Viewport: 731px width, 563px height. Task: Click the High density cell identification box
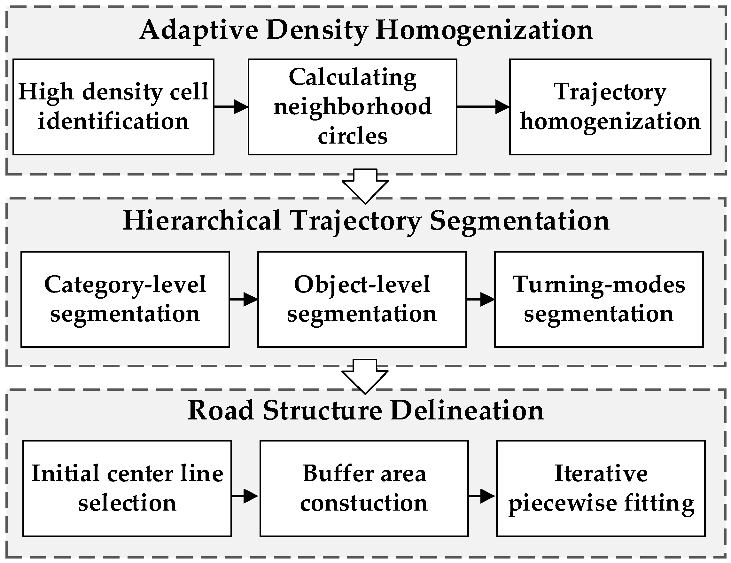pos(113,107)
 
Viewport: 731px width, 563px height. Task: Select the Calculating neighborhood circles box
pos(352,107)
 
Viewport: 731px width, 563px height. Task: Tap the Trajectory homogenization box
pos(610,107)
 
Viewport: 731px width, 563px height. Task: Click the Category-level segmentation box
pos(125,299)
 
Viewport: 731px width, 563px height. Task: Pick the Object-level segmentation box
pos(362,299)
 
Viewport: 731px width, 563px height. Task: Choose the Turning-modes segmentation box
pos(598,299)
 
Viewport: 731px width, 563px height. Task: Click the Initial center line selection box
pos(127,489)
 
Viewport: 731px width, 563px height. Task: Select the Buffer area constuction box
pos(364,489)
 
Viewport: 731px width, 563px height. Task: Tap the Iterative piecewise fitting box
pos(601,489)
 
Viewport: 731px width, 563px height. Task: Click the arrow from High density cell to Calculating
pos(231,107)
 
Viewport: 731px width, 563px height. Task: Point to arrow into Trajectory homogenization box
pos(483,107)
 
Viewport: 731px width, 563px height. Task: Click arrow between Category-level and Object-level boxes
pos(244,299)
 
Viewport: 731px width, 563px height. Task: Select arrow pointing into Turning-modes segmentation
pos(480,299)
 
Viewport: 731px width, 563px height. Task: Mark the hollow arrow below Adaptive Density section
pos(365,186)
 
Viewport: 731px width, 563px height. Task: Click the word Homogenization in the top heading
pos(484,30)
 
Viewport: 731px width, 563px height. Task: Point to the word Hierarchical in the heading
pos(202,221)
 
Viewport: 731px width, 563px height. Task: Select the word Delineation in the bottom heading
pos(467,411)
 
